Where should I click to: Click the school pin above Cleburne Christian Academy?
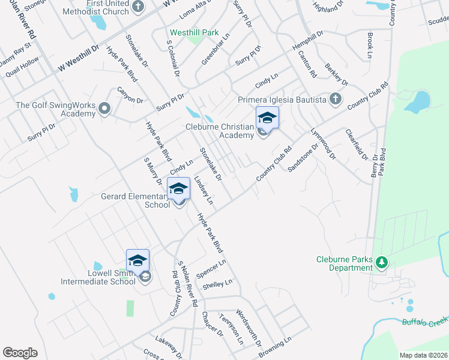pyautogui.click(x=267, y=118)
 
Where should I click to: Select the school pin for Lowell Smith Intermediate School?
pyautogui.click(x=137, y=260)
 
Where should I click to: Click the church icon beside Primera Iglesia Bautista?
pyautogui.click(x=335, y=98)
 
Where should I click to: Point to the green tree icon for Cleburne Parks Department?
pyautogui.click(x=380, y=262)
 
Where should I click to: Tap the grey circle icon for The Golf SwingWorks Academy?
pyautogui.click(x=105, y=109)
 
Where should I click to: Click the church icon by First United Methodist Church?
pyautogui.click(x=137, y=7)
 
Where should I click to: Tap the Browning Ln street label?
pyautogui.click(x=274, y=347)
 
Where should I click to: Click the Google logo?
pyautogui.click(x=20, y=353)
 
